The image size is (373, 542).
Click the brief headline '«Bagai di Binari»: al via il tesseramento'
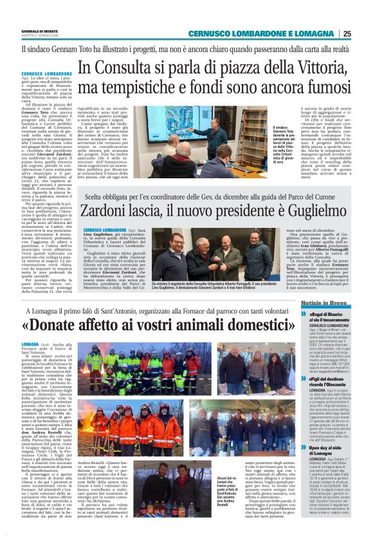[x=328, y=316]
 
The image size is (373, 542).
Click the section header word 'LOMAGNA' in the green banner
[x=316, y=34]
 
